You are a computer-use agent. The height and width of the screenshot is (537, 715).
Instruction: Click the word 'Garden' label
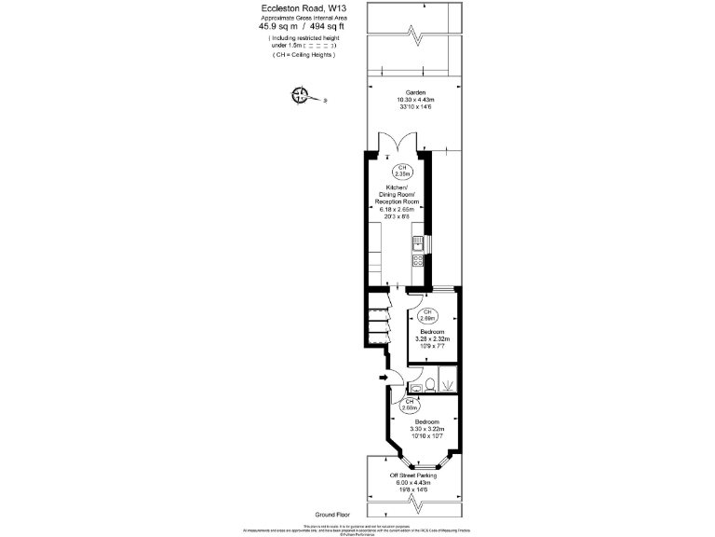(415, 92)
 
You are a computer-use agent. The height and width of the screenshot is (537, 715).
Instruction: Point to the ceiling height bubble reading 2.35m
(403, 172)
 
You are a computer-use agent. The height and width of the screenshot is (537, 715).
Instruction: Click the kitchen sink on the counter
(418, 245)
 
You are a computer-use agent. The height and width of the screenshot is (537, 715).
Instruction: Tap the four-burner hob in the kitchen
(418, 262)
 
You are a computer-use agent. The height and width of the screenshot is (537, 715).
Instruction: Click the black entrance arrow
(382, 377)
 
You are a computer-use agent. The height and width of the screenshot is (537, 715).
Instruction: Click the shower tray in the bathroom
(447, 380)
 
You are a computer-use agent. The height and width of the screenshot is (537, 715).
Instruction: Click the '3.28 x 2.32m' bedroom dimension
(432, 339)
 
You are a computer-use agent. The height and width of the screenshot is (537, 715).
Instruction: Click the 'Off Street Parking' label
(413, 475)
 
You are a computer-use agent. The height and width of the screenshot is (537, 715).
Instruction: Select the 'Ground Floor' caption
(331, 514)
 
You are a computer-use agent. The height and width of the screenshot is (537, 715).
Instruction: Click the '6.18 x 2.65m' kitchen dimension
(398, 210)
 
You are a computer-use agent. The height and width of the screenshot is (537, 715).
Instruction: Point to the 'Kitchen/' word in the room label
(398, 186)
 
